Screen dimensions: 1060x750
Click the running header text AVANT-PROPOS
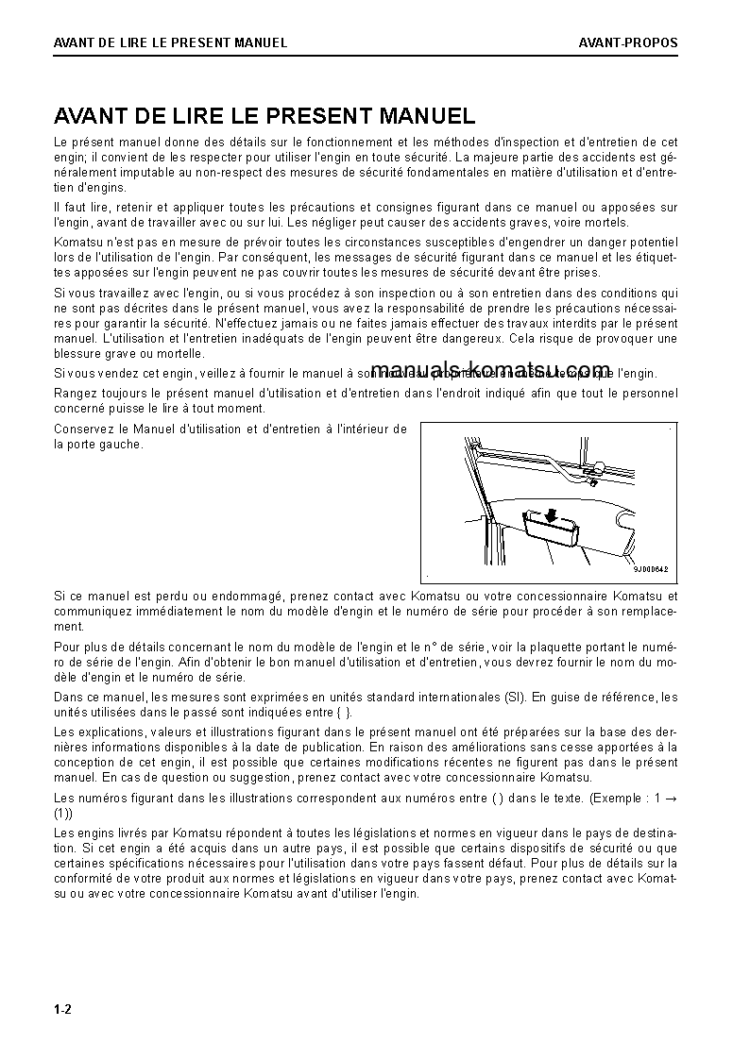pos(628,42)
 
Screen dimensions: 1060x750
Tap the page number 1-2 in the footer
pos(63,1010)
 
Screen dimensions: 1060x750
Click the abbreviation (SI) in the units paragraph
pos(514,698)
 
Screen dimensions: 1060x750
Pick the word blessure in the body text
pos(77,353)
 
